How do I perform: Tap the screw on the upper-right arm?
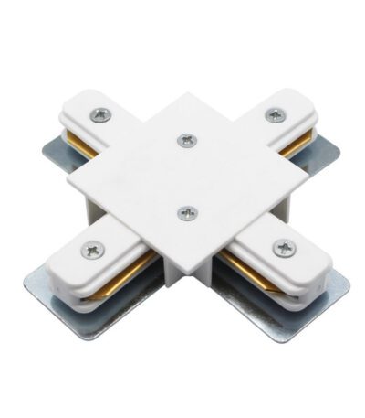pyautogui.click(x=275, y=114)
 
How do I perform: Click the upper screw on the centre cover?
pyautogui.click(x=187, y=140)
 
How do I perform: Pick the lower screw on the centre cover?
pyautogui.click(x=189, y=213)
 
